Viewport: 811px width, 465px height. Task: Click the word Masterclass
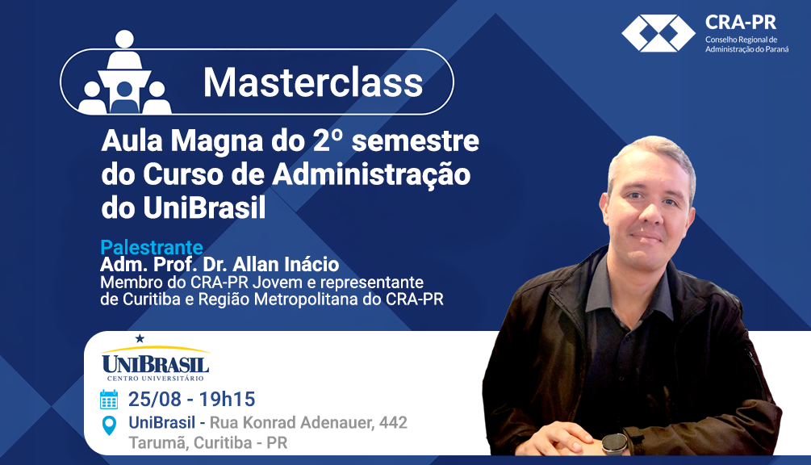pos(313,82)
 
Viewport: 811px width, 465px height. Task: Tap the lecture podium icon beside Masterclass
pos(124,73)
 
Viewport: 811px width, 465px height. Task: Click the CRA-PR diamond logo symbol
pos(658,33)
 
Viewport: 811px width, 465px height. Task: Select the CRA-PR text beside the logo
pos(741,23)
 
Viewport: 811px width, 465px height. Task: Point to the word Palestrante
pos(152,247)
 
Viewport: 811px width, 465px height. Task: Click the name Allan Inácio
pos(286,264)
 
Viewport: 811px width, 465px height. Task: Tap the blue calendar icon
pos(109,400)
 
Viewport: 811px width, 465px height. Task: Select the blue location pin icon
pos(109,425)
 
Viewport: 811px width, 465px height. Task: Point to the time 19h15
pos(227,400)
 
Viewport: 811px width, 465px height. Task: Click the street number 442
pos(393,422)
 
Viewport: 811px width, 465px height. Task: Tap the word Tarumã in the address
pos(158,442)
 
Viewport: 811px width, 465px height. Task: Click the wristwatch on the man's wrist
pos(614,444)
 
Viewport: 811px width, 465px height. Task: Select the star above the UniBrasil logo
pos(140,339)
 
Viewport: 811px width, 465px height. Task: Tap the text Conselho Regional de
pos(741,40)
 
